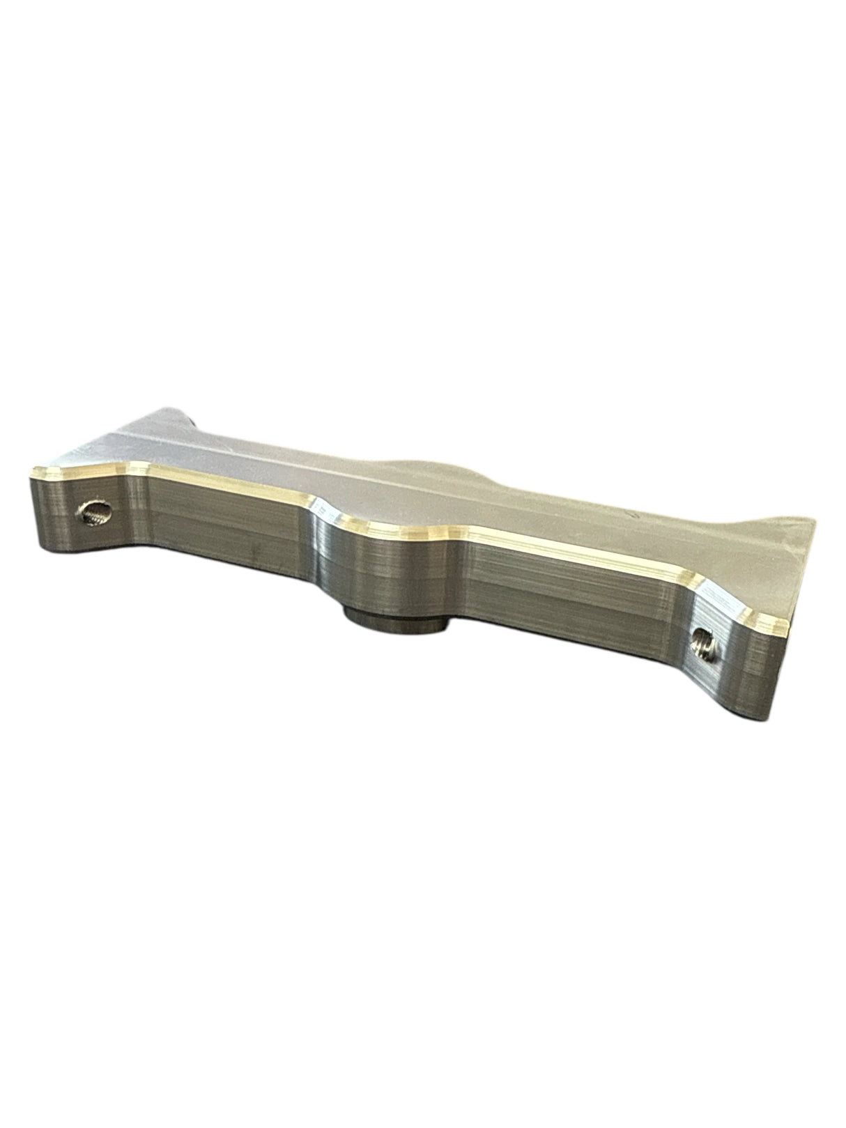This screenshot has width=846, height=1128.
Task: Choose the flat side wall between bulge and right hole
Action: tap(571, 592)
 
